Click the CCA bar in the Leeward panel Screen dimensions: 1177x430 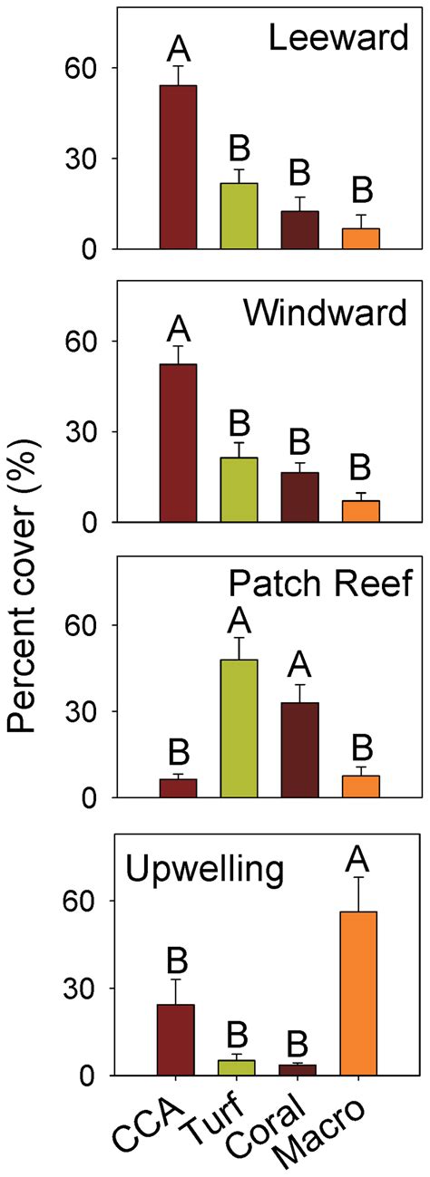click(x=179, y=167)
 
